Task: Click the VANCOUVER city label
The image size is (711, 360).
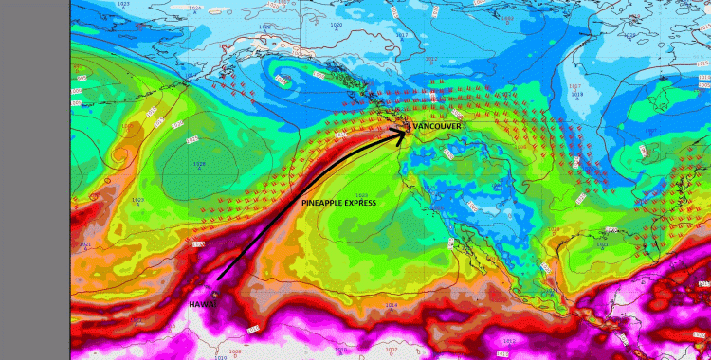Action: [x=437, y=125]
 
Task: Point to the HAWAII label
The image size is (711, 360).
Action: [x=203, y=304]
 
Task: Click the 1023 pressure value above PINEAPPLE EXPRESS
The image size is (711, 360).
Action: [x=361, y=195]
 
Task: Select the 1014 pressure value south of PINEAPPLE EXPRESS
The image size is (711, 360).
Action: [x=392, y=306]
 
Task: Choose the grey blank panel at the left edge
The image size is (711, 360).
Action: [x=35, y=180]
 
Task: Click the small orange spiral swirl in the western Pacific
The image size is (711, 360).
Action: [x=119, y=152]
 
